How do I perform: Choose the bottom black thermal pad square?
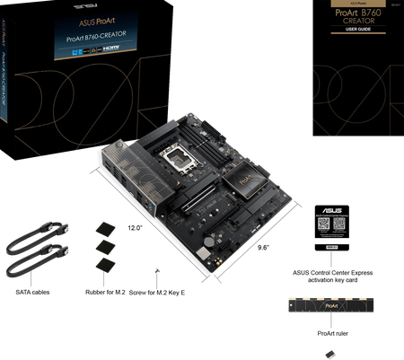tap(106, 262)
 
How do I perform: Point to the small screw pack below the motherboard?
tap(157, 268)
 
